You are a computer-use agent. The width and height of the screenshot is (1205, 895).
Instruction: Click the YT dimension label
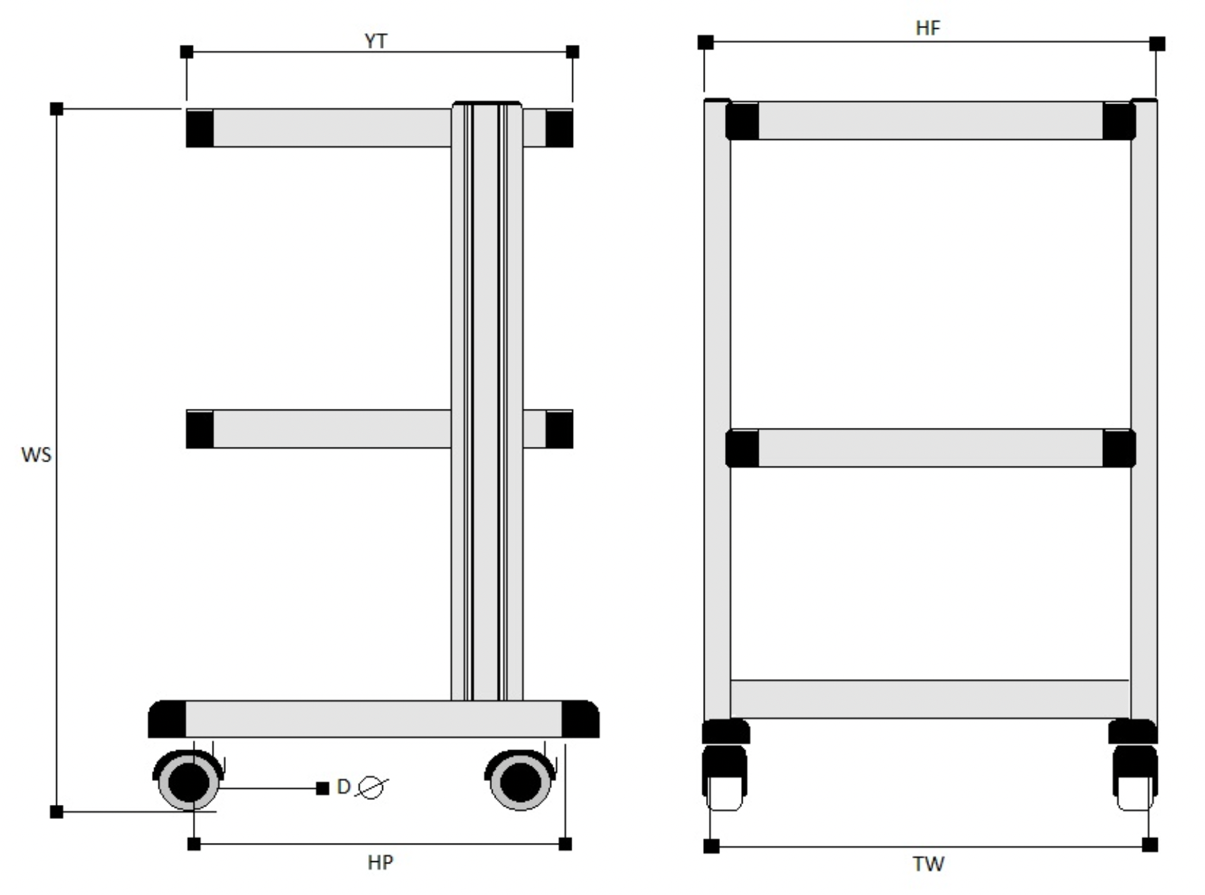coord(375,41)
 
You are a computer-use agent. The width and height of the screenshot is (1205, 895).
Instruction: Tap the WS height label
coord(36,455)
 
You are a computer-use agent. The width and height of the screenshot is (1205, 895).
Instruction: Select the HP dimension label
coord(380,863)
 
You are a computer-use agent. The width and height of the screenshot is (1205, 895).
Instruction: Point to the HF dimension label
coord(928,28)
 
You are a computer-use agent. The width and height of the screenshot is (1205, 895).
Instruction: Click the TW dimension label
coord(928,864)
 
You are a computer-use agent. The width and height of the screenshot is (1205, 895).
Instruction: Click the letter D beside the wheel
coord(343,787)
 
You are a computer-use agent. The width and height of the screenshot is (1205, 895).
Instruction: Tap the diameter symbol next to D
coord(372,787)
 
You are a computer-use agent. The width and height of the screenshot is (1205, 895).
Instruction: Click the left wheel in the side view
coord(189,780)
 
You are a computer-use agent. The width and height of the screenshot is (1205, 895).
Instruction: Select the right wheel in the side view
coord(521,780)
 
